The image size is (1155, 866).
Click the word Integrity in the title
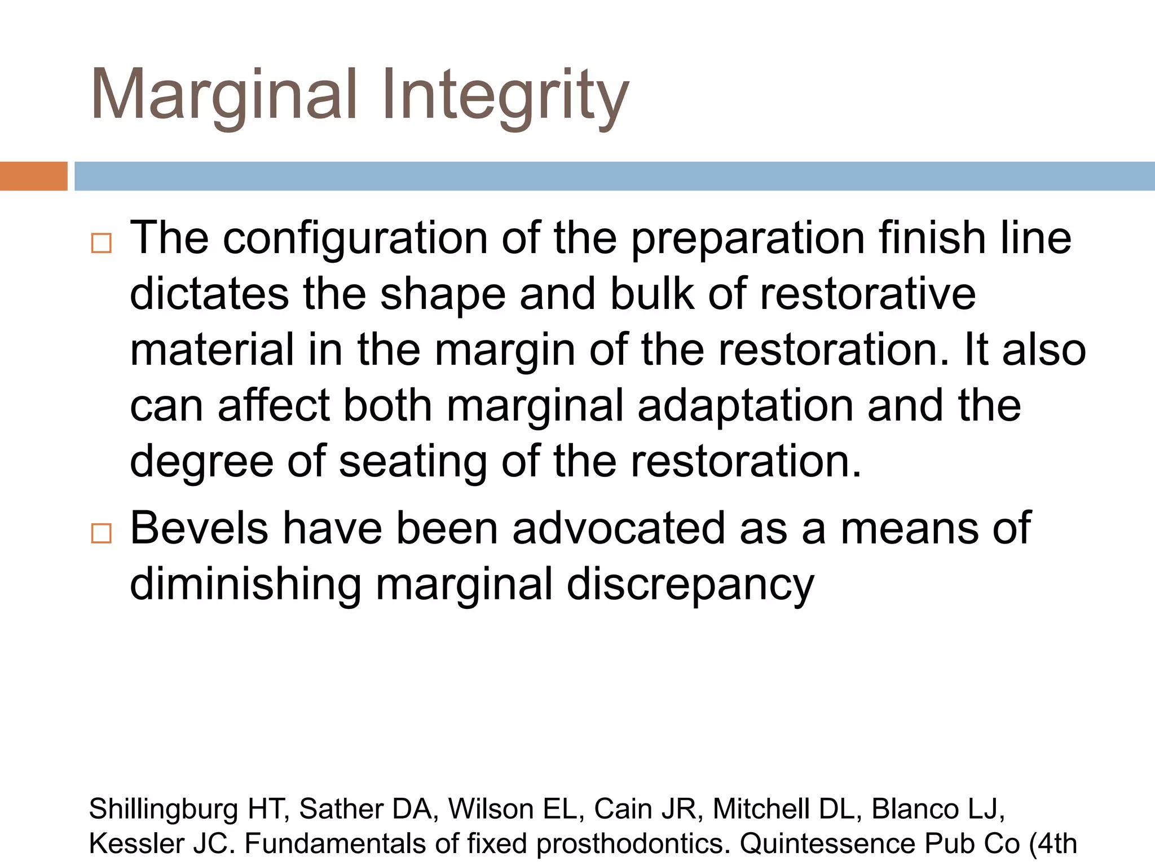point(505,96)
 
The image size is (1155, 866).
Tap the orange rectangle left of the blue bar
point(33,176)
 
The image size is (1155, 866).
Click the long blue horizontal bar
point(614,176)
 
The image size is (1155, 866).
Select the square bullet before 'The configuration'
point(102,243)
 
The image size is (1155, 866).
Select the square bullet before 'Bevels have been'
point(102,533)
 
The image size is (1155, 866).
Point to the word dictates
point(209,294)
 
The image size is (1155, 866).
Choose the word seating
point(412,462)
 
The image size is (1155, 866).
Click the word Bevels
point(199,528)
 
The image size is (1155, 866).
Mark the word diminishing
point(245,585)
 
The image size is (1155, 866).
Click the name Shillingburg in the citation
point(164,810)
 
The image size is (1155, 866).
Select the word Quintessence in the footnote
point(826,844)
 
